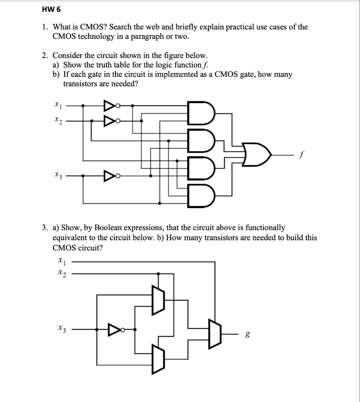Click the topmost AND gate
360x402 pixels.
(202, 113)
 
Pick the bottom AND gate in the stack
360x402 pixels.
(202, 195)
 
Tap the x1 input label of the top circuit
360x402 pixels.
(58, 105)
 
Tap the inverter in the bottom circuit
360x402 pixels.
(115, 328)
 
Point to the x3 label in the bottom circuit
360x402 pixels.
(61, 328)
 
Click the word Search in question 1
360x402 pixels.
(125, 27)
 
